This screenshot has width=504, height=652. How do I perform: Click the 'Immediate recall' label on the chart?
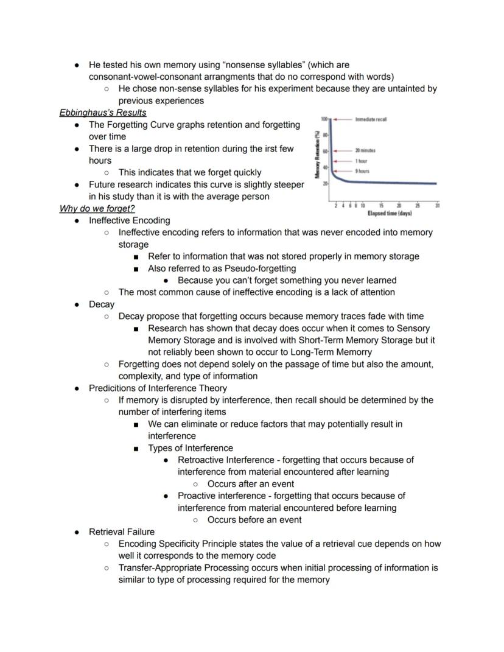(371, 119)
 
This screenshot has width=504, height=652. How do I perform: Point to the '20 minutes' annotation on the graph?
(365, 150)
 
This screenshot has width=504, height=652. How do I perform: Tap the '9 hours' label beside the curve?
(362, 171)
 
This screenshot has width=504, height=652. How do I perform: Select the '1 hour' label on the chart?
(362, 161)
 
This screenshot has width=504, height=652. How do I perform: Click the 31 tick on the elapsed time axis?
(438, 206)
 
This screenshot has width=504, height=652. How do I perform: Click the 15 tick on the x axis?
(381, 206)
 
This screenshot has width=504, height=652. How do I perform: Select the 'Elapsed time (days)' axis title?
(390, 213)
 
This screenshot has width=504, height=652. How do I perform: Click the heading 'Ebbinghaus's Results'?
(102, 113)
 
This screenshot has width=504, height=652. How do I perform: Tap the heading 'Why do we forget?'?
(97, 209)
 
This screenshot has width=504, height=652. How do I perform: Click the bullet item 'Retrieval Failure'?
(122, 532)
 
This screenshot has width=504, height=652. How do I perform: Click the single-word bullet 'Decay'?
(102, 304)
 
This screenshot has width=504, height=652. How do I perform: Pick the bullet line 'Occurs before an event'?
(254, 520)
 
